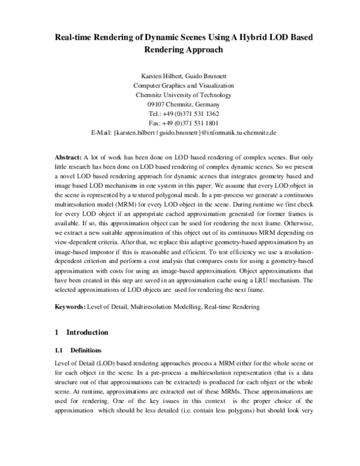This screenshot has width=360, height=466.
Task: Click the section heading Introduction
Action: point(87,332)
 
